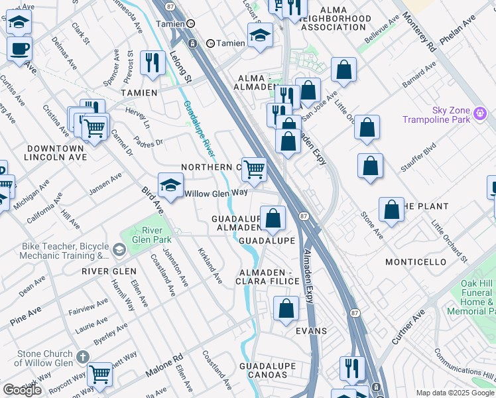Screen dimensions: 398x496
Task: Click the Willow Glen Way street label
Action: tap(216, 193)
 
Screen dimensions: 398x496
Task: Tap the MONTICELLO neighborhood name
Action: tap(416, 262)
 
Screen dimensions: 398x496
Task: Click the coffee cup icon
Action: tap(19, 49)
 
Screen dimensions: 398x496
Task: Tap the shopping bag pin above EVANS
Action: tap(286, 308)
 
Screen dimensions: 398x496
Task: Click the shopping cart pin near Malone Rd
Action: tap(99, 375)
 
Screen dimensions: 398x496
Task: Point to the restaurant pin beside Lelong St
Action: tap(153, 63)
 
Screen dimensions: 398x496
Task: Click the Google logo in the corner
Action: tap(22, 390)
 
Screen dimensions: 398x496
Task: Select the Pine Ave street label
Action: tap(25, 316)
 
